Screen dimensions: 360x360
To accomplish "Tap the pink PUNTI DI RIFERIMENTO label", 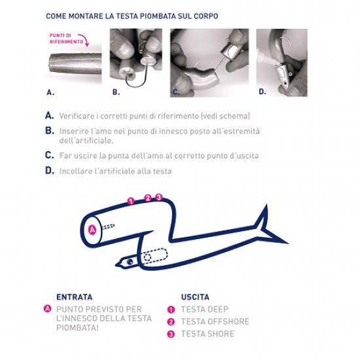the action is [66, 39].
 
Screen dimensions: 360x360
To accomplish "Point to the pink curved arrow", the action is [84, 39].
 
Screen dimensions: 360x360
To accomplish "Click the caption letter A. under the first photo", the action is [50, 92].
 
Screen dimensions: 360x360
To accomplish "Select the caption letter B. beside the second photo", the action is [116, 92].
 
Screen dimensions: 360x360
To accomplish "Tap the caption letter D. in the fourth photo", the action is [262, 92].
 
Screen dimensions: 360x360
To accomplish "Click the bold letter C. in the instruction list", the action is [49, 155].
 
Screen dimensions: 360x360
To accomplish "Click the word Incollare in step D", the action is [75, 171].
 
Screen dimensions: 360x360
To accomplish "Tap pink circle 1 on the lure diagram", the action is [130, 201].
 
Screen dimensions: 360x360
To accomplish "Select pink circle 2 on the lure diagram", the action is [148, 198].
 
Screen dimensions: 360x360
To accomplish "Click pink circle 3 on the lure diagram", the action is [158, 197].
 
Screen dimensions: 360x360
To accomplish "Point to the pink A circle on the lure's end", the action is [92, 230].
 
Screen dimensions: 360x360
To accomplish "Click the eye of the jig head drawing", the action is [130, 262].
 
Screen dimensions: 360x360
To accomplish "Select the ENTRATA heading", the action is [75, 297].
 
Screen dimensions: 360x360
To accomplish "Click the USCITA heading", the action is [195, 297].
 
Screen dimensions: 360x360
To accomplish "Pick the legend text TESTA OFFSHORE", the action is [215, 321].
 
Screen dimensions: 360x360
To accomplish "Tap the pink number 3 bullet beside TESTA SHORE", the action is [171, 334].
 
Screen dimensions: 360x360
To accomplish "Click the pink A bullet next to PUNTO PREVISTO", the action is [48, 308].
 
